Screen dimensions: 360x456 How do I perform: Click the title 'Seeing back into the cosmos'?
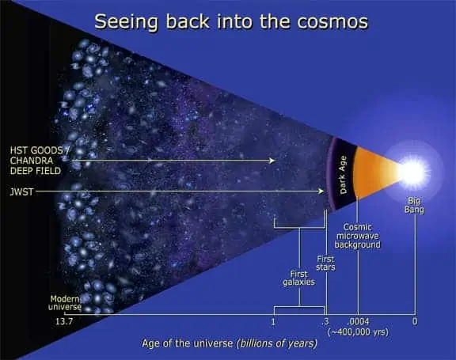[x=230, y=21]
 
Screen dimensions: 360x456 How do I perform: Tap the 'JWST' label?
[x=22, y=191]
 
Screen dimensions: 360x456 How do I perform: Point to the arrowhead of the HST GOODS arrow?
[x=274, y=161]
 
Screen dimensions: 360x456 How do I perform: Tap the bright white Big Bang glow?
[x=414, y=169]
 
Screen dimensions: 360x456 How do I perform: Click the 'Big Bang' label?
[x=414, y=205]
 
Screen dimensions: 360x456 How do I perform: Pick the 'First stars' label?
[x=325, y=263]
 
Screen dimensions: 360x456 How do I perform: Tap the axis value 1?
[x=273, y=323]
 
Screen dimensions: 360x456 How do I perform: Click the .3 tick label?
[x=325, y=323]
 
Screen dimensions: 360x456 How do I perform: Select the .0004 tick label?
[x=359, y=323]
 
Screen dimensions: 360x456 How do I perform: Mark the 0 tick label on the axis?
[x=414, y=323]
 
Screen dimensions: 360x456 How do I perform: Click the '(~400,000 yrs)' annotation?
[x=359, y=333]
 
